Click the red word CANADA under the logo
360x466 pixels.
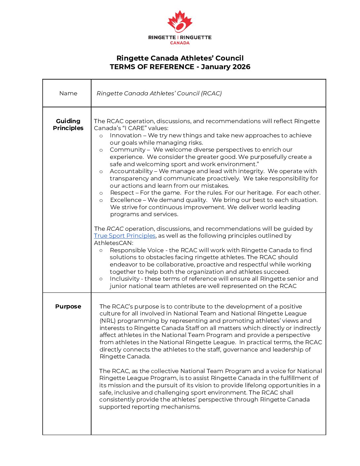coord(180,43)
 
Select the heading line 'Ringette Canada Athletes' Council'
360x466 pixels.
coord(180,58)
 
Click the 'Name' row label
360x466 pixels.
coord(68,93)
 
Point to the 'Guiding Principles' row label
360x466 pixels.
coord(68,124)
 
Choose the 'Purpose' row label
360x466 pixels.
coord(68,306)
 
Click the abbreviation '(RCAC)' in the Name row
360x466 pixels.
coord(211,93)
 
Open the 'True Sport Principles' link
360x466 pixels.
coord(125,236)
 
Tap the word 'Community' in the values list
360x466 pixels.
coord(127,150)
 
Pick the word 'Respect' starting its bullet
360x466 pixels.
coord(122,193)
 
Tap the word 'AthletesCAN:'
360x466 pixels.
coord(113,243)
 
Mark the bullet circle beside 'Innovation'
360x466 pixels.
coord(101,136)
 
